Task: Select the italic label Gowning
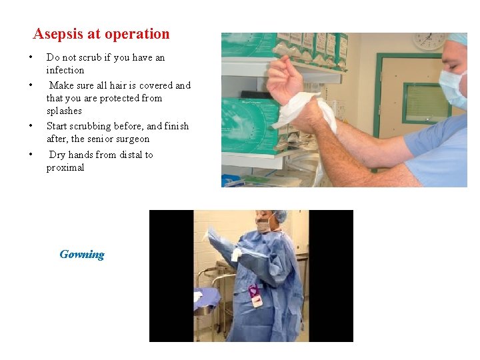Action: pos(82,254)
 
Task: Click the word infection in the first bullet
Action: pos(65,70)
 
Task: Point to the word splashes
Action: pos(64,111)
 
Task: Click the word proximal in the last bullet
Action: pos(65,167)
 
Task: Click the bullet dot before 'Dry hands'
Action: pos(31,155)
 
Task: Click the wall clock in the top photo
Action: pos(429,41)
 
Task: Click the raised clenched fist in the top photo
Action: pos(283,71)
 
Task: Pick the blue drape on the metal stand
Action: pos(207,297)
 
